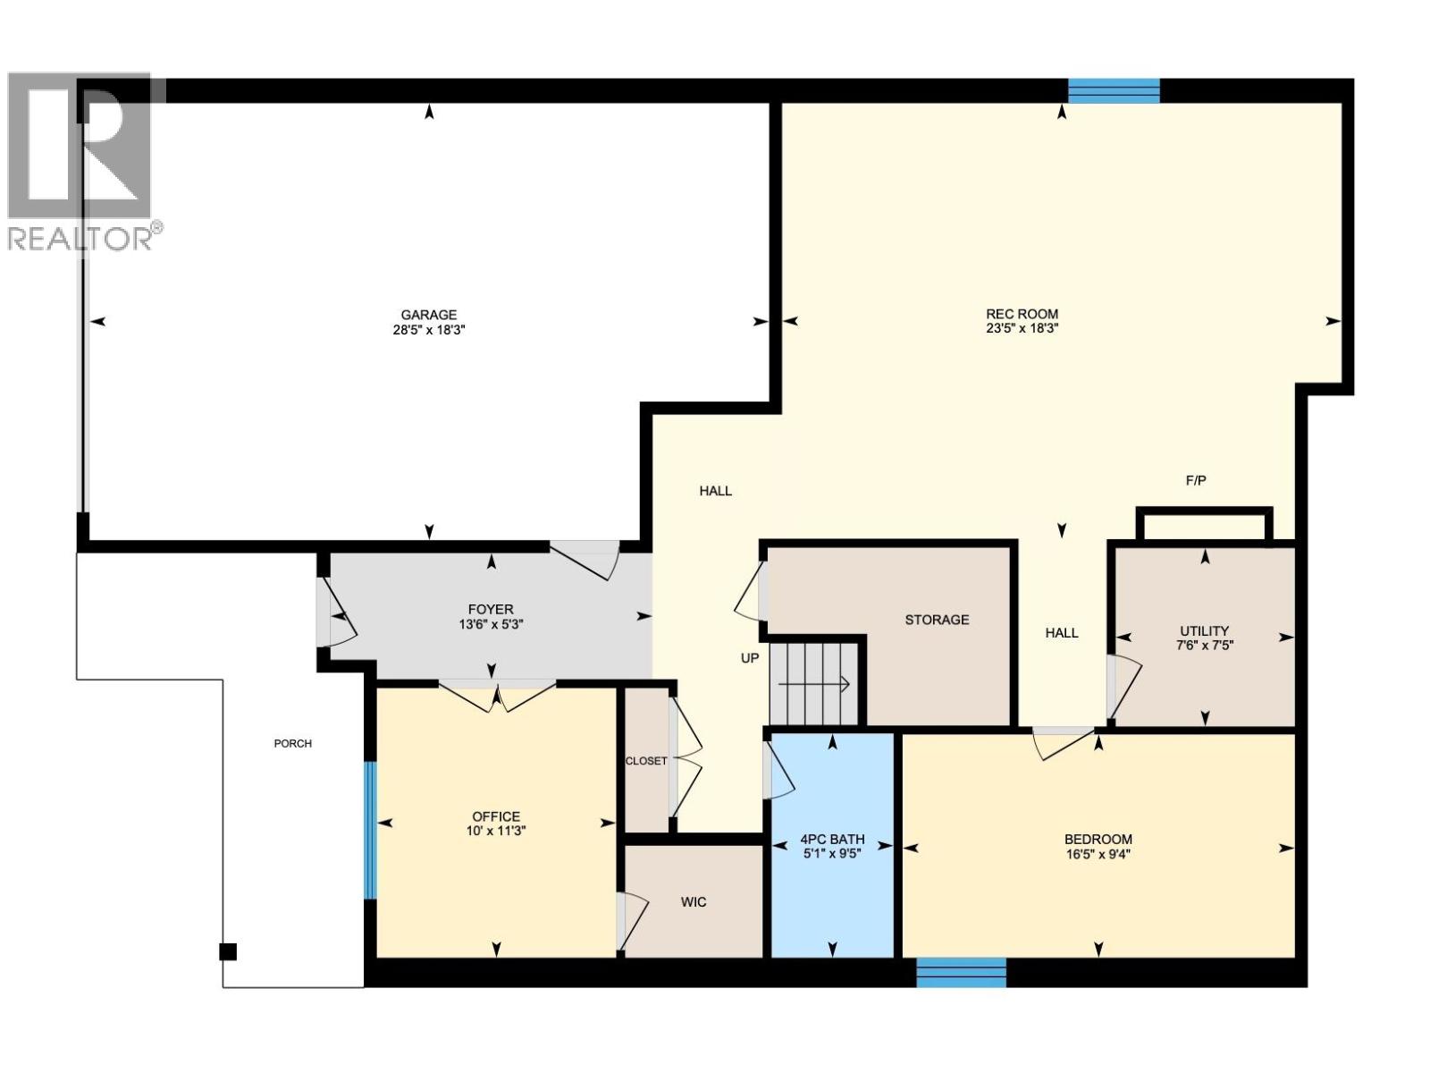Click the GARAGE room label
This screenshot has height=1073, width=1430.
point(428,315)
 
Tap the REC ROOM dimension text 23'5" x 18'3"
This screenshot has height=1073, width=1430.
point(1022,328)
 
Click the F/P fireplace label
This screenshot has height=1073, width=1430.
point(1195,480)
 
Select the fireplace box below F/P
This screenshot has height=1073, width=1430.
point(1203,525)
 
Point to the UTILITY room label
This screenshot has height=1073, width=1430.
point(1204,630)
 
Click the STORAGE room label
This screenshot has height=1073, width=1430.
point(936,619)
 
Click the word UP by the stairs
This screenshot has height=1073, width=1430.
point(749,658)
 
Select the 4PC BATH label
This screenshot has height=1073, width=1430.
point(831,839)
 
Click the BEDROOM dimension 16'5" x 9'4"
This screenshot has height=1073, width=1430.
point(1098,854)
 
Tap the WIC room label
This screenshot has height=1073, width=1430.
point(694,901)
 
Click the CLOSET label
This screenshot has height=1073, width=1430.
point(645,761)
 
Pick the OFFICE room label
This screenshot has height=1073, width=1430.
point(496,815)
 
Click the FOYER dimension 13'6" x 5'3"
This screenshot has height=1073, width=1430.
point(490,624)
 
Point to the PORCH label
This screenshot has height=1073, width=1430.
point(292,743)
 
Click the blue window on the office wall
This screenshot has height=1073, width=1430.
point(370,830)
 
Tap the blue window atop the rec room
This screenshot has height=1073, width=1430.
point(1114,90)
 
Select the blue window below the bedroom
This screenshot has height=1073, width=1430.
point(961,973)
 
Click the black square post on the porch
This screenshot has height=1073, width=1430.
point(228,951)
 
